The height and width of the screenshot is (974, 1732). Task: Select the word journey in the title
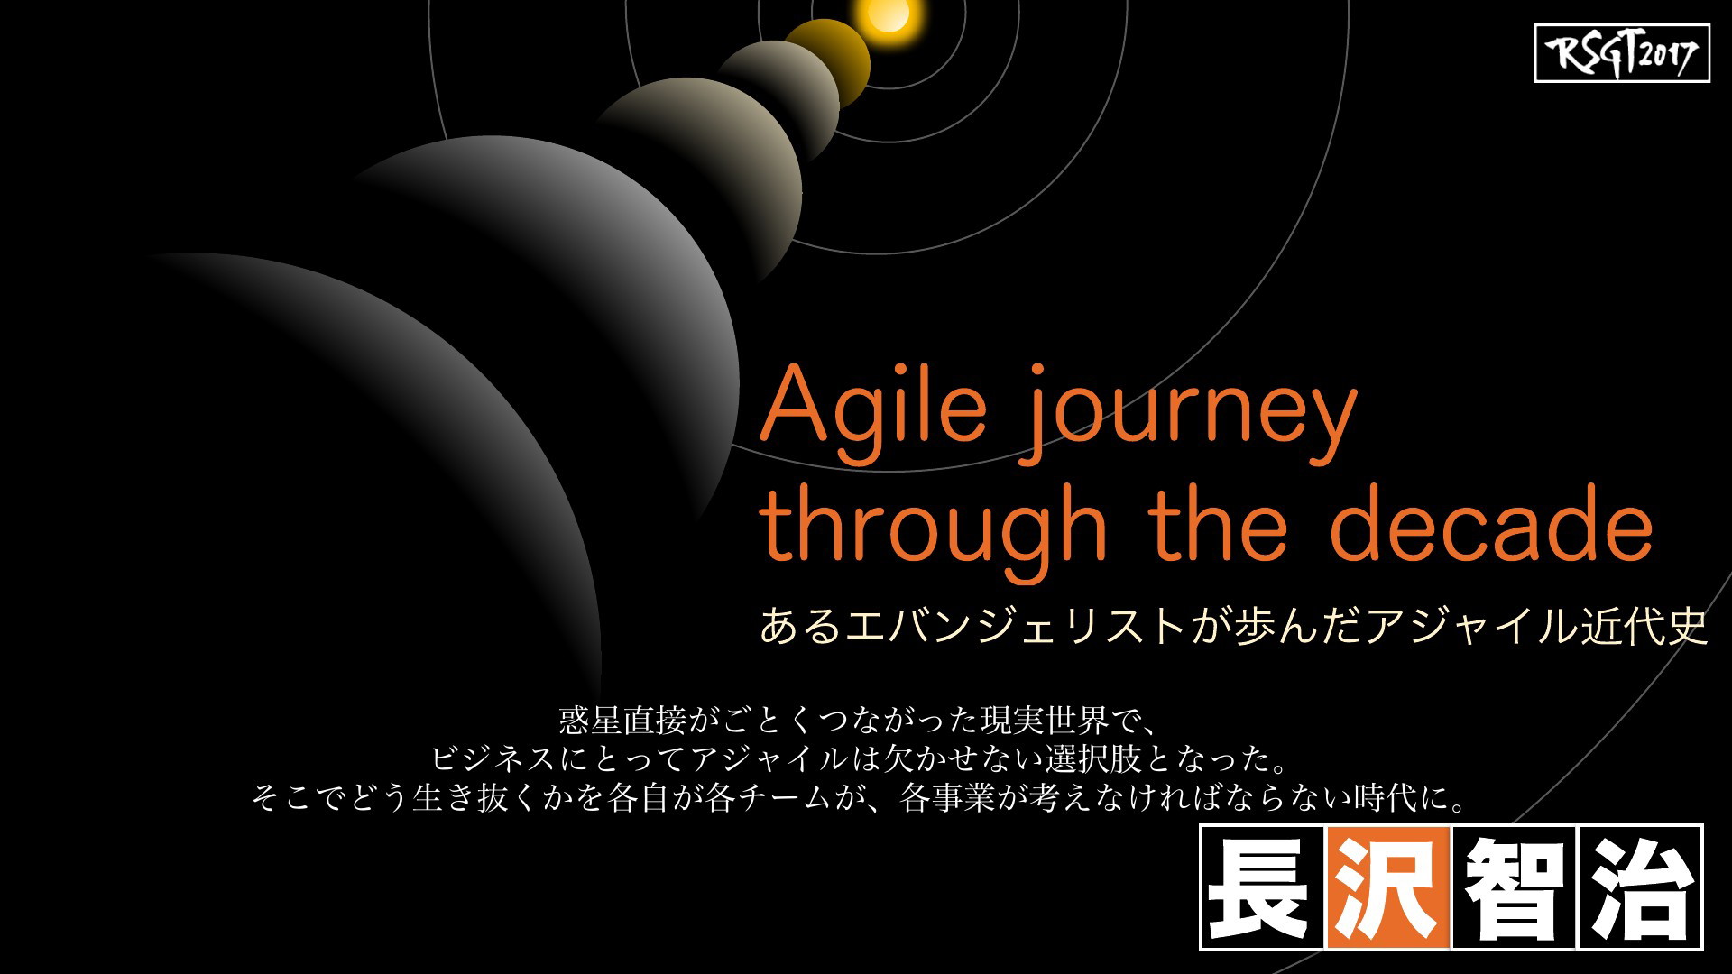1189,415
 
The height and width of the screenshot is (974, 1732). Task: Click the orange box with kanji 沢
1389,887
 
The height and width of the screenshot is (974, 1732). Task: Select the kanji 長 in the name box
1263,887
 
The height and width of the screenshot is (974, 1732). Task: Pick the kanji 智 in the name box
1515,887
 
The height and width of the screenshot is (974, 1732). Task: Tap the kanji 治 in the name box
1640,887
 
